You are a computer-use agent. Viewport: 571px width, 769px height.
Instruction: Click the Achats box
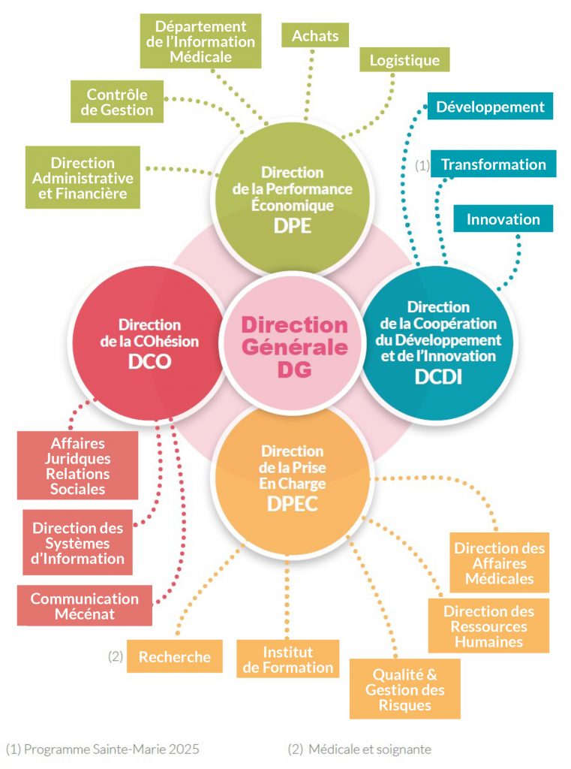tap(315, 35)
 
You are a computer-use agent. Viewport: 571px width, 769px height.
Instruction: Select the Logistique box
tap(404, 60)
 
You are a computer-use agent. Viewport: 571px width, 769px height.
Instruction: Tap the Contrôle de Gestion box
tap(116, 102)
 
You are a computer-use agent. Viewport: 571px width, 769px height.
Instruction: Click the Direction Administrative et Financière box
tap(83, 177)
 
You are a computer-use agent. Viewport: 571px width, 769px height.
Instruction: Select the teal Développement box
tap(490, 106)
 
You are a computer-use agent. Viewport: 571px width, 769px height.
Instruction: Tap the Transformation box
tap(493, 164)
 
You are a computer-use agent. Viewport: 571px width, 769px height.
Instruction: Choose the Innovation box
tap(503, 219)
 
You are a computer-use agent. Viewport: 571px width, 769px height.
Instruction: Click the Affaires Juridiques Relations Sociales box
tap(78, 466)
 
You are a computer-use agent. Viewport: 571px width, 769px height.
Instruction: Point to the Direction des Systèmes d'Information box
tap(78, 543)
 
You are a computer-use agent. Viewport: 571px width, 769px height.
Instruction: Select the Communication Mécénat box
tap(84, 606)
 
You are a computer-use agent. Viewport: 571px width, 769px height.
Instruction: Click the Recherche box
tap(174, 656)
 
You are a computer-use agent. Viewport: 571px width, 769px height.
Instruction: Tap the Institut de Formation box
tap(287, 659)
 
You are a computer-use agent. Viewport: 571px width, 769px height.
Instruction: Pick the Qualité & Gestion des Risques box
tap(404, 689)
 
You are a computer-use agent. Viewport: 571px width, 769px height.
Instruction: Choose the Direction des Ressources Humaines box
tap(488, 626)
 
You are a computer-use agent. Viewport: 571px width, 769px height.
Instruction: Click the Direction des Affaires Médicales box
tap(499, 562)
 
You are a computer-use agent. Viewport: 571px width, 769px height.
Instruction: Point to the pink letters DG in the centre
tap(293, 369)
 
